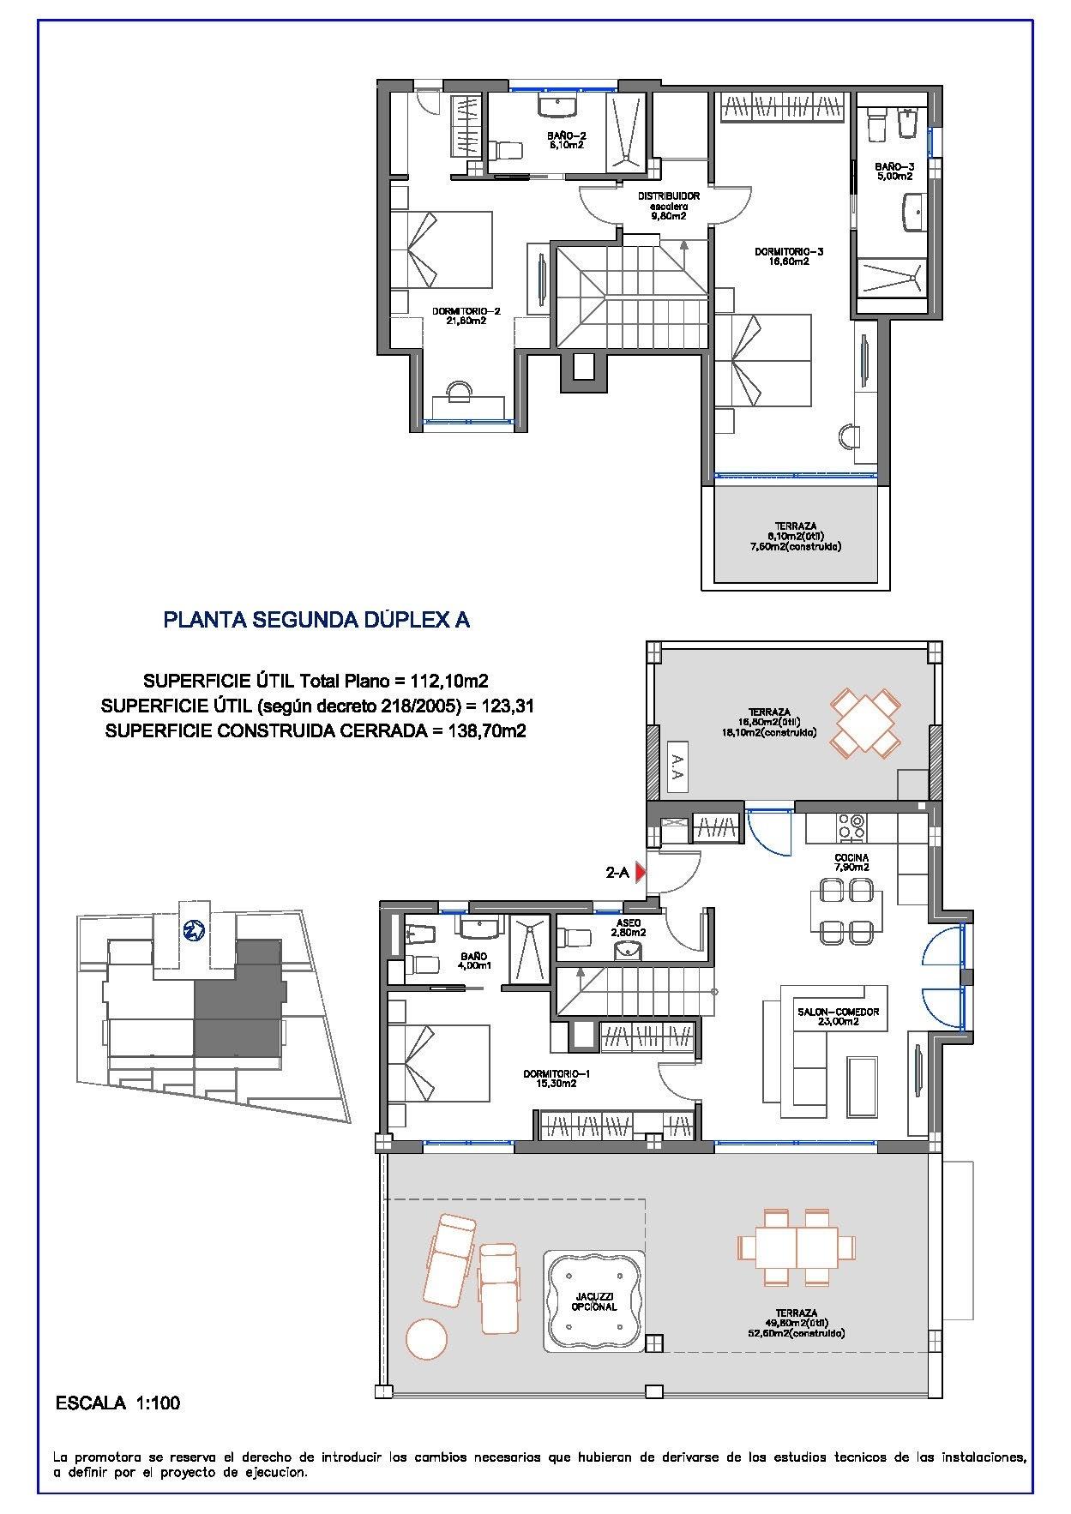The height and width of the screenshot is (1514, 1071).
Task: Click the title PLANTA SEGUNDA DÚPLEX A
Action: [x=316, y=620]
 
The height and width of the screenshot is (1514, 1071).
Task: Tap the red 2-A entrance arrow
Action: [x=640, y=874]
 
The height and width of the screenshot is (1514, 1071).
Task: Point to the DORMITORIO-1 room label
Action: [x=549, y=1078]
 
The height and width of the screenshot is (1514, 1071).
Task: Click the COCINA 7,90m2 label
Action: [x=851, y=862]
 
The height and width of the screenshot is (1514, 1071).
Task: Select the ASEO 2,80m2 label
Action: [x=628, y=927]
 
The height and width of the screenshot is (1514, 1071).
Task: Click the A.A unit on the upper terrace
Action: [x=676, y=767]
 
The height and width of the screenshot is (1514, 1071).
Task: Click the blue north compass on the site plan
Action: [x=192, y=929]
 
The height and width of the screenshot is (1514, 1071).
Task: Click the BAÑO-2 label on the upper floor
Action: [x=566, y=141]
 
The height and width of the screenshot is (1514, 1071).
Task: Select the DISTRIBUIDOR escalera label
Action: [x=668, y=206]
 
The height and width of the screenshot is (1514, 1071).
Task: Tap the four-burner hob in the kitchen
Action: [x=851, y=826]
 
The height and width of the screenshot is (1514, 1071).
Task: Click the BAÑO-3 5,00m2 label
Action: [x=894, y=171]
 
